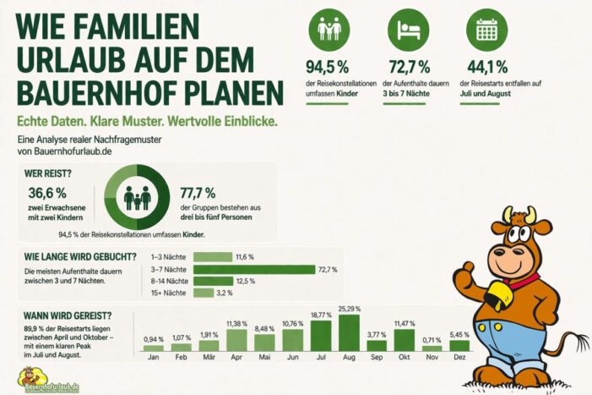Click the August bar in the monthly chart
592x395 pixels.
click(x=349, y=332)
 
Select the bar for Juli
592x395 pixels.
click(x=321, y=337)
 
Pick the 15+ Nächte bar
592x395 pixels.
click(x=203, y=293)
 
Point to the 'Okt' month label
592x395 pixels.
click(x=404, y=356)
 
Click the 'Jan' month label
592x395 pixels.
click(x=154, y=356)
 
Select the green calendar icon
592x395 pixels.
click(x=486, y=31)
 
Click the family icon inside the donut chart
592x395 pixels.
click(x=137, y=198)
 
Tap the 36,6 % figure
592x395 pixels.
click(x=46, y=192)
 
